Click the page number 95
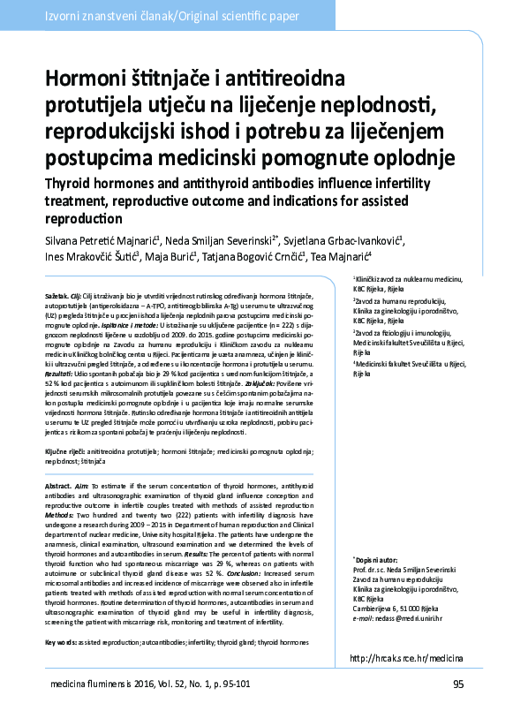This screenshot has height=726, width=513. click(457, 684)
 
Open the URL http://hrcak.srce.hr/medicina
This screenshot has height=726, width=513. click(407, 658)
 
